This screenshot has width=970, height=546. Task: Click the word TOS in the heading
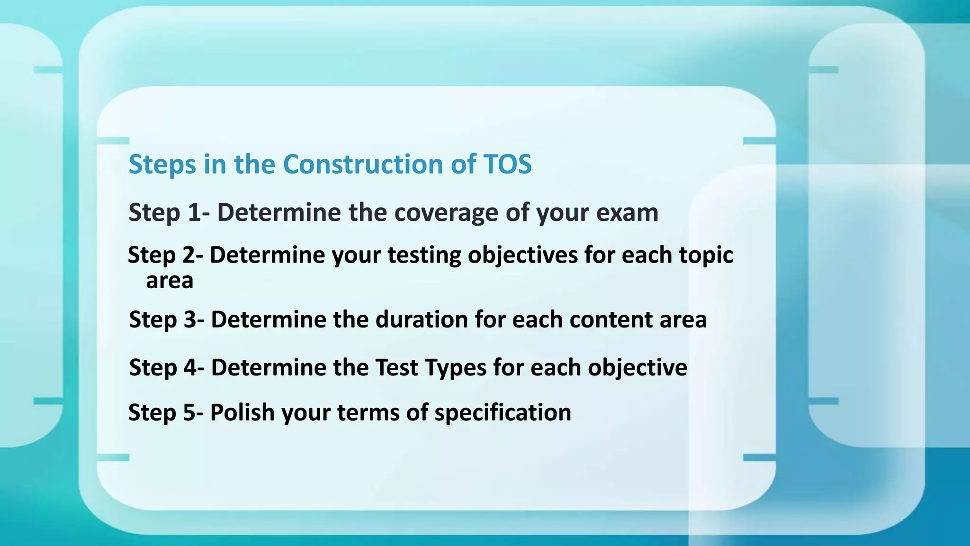pos(508,164)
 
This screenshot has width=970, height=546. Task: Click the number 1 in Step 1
pos(194,213)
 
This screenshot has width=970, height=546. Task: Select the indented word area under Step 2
pos(170,281)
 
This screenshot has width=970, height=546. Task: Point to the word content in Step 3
pos(611,320)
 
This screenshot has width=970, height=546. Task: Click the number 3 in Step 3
pos(190,320)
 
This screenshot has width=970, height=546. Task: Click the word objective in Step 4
pos(637,368)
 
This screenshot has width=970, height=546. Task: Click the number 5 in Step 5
pos(189,412)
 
